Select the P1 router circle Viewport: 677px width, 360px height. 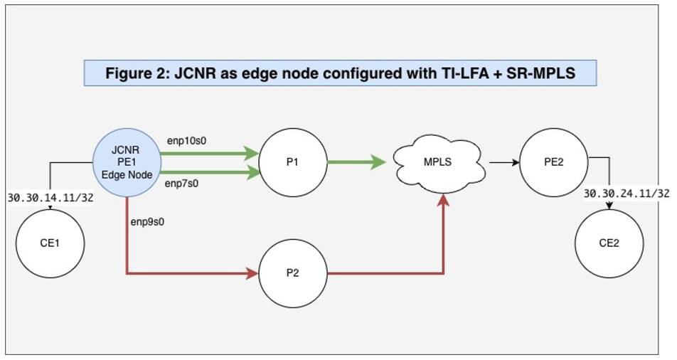(292, 162)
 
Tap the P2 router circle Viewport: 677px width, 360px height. (292, 272)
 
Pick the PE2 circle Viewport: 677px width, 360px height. (554, 162)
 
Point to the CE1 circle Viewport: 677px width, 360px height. (50, 243)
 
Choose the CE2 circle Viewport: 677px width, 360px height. (609, 243)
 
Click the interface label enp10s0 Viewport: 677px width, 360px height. (186, 140)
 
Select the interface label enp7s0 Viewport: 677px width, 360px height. (183, 184)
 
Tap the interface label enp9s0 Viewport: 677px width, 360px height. (149, 221)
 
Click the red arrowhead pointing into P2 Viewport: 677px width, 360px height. (252, 272)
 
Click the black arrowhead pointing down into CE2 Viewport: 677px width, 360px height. (609, 206)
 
